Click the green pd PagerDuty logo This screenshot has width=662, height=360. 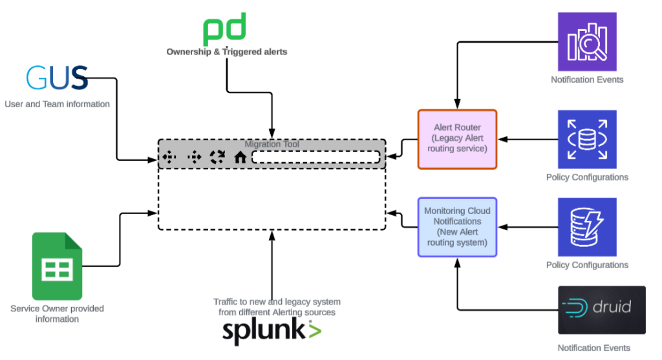(x=224, y=30)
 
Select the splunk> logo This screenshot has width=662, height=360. (x=272, y=331)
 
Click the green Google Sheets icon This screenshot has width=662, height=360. (x=57, y=266)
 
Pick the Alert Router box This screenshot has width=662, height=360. (x=457, y=139)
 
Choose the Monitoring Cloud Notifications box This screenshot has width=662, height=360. (x=457, y=227)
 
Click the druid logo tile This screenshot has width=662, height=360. (x=602, y=310)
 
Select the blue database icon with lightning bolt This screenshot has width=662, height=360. (x=587, y=227)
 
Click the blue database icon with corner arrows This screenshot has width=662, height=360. (x=587, y=139)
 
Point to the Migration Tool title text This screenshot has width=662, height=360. (x=272, y=144)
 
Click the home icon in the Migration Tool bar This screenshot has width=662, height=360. (x=240, y=156)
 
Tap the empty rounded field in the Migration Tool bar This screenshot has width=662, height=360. (x=315, y=156)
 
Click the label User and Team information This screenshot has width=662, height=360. (x=57, y=104)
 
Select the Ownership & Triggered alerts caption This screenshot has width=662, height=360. (x=227, y=52)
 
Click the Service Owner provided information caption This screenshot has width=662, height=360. (x=57, y=313)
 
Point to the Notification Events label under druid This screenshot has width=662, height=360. (x=593, y=348)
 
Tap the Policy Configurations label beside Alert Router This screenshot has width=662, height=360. (x=587, y=177)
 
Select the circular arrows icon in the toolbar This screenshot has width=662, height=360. (x=217, y=156)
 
